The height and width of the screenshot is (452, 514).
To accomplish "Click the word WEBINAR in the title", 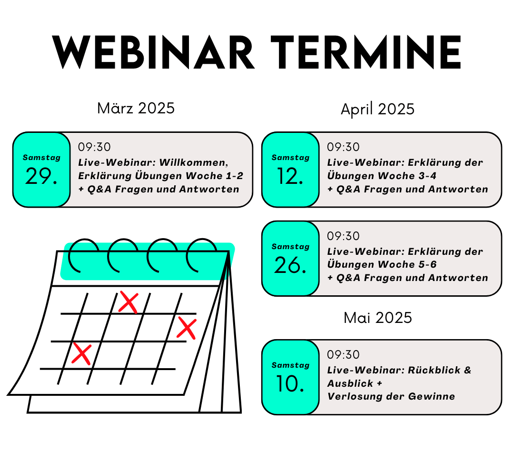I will (x=154, y=53).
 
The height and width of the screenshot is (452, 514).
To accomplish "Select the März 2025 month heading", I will (x=136, y=108).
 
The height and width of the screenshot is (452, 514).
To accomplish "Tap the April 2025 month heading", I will (x=377, y=109).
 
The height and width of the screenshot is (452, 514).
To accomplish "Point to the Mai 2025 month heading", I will (x=377, y=318).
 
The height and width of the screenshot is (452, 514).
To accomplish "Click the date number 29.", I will (x=41, y=176).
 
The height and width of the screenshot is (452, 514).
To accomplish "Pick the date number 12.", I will (x=290, y=176).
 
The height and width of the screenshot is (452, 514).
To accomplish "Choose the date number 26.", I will (x=290, y=265).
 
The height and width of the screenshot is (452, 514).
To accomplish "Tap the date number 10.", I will (x=290, y=384).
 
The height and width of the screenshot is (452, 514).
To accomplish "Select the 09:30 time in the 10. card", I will (x=343, y=355).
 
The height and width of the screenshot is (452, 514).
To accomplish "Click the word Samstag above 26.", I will (x=290, y=247).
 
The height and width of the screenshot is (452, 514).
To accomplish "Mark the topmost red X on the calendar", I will (x=128, y=301).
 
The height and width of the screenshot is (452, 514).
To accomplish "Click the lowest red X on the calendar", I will (x=81, y=354).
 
